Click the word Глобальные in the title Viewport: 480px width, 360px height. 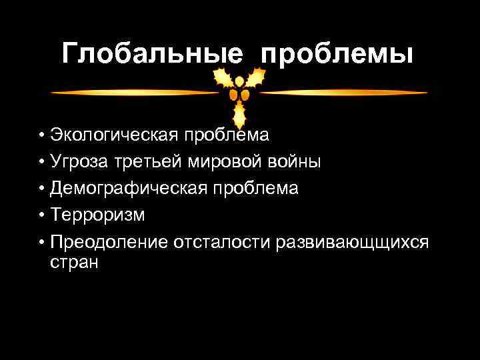(x=153, y=53)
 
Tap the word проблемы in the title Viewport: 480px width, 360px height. (x=337, y=53)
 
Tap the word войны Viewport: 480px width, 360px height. (x=298, y=162)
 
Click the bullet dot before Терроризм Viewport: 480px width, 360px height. (x=41, y=216)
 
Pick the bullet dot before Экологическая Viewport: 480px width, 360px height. (x=41, y=136)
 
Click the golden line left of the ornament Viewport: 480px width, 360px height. (x=133, y=92)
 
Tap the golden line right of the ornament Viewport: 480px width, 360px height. (x=343, y=92)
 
